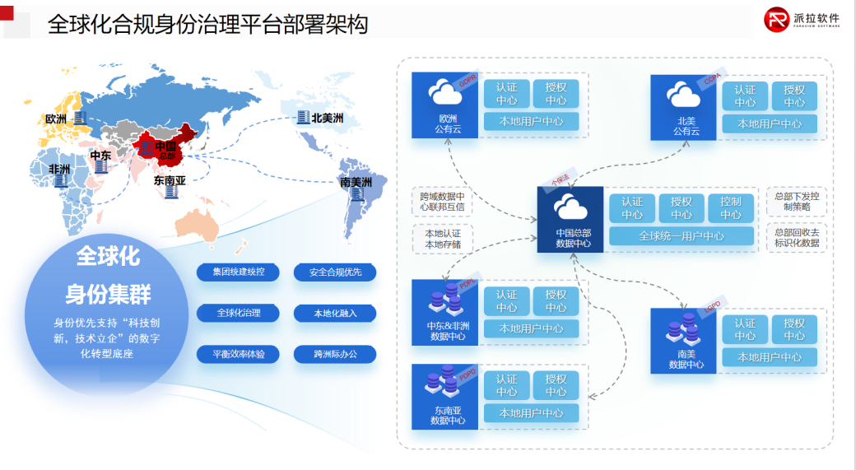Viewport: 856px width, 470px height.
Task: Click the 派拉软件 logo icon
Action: coord(776,19)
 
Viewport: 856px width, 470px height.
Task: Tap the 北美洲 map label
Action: coord(327,119)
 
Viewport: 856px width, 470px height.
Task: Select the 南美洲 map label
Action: coord(356,182)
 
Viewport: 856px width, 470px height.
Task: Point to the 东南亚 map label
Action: coord(170,180)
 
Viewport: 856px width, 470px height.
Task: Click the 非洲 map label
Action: coord(59,169)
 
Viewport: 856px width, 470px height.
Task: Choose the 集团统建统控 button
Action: coord(238,272)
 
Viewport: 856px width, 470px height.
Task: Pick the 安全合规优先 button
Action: coord(335,272)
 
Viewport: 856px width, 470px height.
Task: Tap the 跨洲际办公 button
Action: coord(335,354)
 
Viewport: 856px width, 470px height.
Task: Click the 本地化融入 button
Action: coord(335,313)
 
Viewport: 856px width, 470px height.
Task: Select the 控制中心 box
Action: coord(730,208)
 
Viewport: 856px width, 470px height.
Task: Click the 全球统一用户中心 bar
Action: coord(682,236)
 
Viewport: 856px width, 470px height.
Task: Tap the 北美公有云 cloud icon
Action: coord(684,95)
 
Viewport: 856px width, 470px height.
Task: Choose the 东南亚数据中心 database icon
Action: coord(445,384)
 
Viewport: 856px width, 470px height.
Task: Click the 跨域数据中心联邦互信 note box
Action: coord(443,202)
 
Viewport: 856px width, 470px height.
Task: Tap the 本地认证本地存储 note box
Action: coord(443,239)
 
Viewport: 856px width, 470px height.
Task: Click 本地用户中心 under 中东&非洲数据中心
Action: coord(531,328)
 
